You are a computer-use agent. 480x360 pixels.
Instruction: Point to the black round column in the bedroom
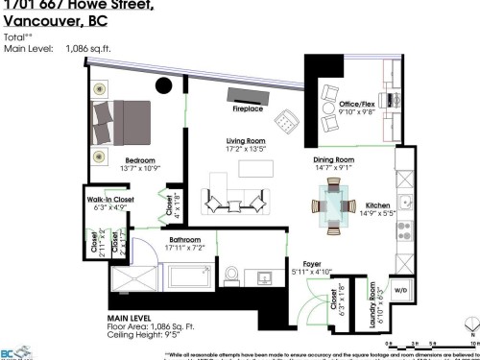tap(164, 85)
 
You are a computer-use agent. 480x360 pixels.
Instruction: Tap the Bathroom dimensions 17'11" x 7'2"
tap(184, 248)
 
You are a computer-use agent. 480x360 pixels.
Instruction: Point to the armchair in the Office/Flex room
tap(330, 94)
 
